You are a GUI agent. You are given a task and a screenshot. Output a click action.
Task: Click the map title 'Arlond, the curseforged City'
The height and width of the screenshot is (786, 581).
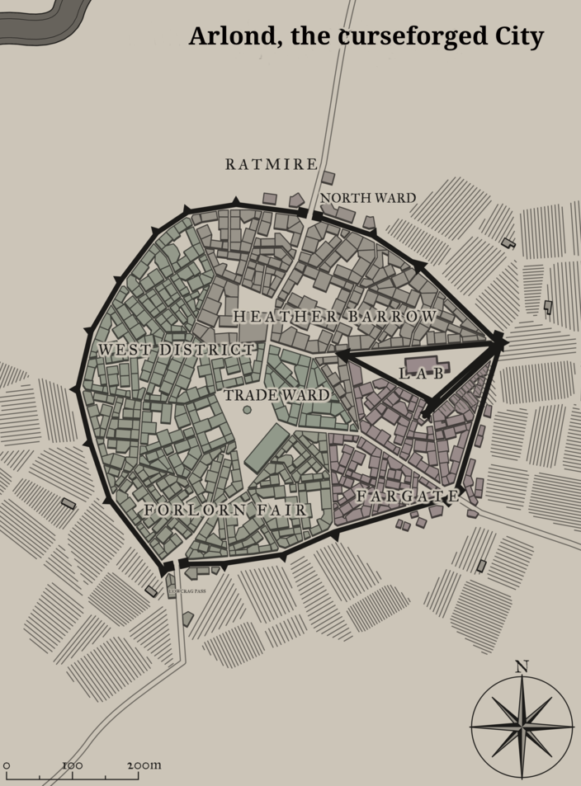point(366,36)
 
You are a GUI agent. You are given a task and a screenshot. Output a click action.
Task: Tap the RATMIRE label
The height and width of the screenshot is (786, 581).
point(272,165)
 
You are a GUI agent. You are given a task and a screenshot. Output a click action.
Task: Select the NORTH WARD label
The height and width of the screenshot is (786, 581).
point(368,198)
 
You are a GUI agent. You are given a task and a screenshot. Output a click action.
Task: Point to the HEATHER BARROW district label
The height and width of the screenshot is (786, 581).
point(335,317)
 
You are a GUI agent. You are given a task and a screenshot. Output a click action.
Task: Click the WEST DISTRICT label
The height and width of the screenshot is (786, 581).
point(177,351)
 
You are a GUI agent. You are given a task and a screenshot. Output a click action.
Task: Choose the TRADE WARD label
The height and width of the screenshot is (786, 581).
point(276,395)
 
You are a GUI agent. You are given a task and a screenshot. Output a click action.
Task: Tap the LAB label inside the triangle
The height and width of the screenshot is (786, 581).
point(421,374)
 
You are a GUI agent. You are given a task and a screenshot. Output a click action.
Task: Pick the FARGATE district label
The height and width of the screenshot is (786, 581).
point(407,497)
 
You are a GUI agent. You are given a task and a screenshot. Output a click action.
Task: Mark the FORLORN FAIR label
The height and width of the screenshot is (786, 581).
point(225,511)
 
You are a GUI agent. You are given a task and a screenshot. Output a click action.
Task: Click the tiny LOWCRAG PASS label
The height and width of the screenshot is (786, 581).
point(187,591)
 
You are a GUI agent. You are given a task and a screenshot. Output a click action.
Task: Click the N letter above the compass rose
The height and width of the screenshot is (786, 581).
point(521,666)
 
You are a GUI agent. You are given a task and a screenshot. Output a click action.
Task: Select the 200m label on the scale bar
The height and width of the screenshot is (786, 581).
point(144,765)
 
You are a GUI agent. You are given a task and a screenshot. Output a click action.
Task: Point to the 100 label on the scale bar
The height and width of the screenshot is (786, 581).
point(72,765)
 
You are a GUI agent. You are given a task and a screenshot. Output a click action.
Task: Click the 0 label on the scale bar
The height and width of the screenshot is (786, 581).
point(7,766)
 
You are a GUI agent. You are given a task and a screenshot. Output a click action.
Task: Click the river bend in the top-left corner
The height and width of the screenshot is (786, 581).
point(50,21)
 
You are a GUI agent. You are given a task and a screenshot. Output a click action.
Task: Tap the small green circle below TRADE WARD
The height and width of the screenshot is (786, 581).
point(247,410)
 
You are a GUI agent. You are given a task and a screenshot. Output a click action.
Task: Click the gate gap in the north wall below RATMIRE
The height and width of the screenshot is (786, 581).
point(309,215)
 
